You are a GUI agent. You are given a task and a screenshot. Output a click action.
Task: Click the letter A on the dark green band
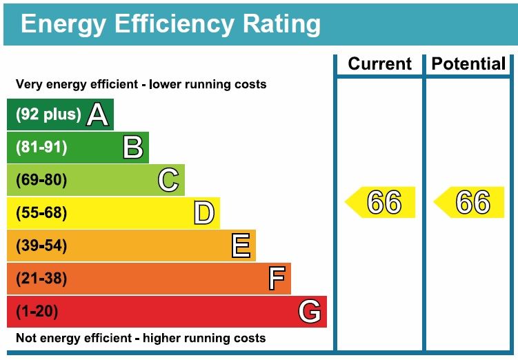[x=97, y=114]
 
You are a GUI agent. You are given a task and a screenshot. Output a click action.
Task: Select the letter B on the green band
[x=132, y=148]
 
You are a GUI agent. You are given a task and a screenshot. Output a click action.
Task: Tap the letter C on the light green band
[x=168, y=181]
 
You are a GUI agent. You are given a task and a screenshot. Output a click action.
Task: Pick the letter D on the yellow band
[x=203, y=213]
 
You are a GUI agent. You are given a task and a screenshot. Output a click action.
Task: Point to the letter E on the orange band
[x=240, y=246]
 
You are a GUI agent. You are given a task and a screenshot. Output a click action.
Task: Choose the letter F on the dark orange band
[x=276, y=279]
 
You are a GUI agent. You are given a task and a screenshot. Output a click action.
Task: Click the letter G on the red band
[x=310, y=312]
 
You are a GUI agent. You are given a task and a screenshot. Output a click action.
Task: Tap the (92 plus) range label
[x=48, y=114]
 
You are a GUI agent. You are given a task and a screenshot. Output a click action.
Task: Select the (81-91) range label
[x=41, y=148]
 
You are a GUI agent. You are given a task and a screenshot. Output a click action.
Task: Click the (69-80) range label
[x=41, y=181]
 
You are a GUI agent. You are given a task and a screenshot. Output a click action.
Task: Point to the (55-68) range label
[x=41, y=213]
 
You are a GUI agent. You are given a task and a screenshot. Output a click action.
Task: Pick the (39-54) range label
[x=41, y=246]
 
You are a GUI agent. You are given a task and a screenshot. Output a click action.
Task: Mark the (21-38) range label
[x=41, y=279]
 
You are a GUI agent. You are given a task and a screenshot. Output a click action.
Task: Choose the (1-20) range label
[x=37, y=312]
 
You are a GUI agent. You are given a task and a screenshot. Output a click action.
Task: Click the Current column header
[x=379, y=64]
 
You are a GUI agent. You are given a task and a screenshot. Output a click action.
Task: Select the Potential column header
[x=468, y=64]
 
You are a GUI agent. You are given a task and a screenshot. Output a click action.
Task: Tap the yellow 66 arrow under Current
[x=381, y=203]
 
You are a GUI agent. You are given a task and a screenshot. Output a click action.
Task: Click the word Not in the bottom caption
[x=26, y=339]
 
